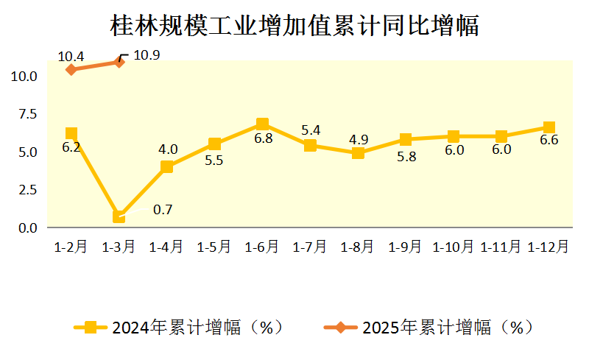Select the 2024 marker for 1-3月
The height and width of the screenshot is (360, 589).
119,216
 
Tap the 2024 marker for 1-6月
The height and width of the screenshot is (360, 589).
262,124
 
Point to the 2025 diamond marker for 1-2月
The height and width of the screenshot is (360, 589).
71,69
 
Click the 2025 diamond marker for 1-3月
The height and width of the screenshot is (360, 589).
119,62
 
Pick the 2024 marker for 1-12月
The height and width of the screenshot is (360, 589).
549,127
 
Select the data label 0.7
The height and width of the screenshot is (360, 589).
163,210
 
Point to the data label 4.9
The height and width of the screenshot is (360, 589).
358,139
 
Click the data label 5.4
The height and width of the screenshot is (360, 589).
310,131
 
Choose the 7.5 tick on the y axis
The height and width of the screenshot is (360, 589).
27,114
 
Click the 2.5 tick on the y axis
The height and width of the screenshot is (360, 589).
27,190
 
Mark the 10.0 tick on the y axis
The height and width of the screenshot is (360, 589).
24,76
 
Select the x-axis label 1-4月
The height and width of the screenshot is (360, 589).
166,247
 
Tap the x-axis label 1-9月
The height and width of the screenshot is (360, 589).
406,247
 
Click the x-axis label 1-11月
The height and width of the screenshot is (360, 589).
501,247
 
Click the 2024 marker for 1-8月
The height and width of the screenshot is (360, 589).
358,153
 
